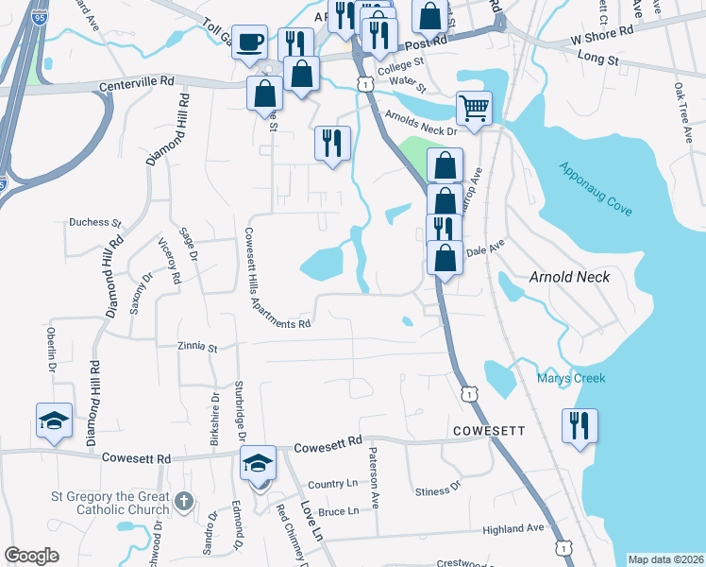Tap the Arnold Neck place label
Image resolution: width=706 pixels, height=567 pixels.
(x=569, y=277)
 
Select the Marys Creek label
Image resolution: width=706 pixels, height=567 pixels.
(x=571, y=378)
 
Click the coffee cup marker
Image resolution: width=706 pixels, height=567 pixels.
(x=249, y=43)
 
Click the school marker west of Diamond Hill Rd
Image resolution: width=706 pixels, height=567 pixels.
(x=54, y=421)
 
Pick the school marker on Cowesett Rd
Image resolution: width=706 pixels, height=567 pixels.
(x=258, y=463)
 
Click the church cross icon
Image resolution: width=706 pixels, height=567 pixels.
(x=185, y=498)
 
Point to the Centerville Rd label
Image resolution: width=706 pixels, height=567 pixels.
(x=137, y=84)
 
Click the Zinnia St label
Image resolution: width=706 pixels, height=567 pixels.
(x=196, y=347)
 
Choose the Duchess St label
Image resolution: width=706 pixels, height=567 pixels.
(x=95, y=223)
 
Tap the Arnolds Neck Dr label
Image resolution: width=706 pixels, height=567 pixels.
(x=421, y=124)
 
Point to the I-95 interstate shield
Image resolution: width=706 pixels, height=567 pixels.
(x=39, y=17)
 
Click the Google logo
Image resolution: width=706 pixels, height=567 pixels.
(x=31, y=556)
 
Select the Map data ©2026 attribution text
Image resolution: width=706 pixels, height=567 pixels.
(x=664, y=559)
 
